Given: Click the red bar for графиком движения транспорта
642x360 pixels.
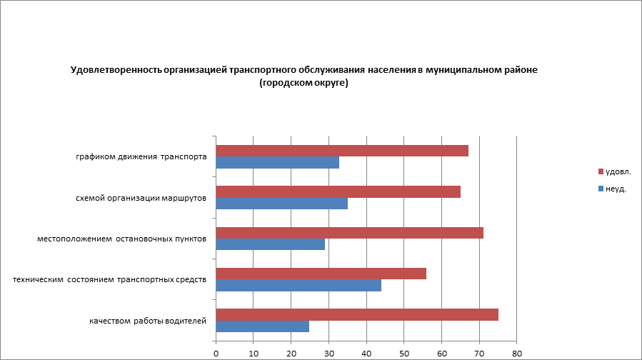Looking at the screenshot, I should point(342,151).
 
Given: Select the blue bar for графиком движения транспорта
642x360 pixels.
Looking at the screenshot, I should point(277,163).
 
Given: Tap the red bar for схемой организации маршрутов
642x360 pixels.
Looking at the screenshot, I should point(338,191).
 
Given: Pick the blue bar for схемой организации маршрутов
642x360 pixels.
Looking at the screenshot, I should point(281,204).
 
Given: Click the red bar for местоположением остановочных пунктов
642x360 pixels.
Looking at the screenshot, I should point(349,233).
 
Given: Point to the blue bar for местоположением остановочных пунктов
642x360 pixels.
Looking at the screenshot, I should point(270,244).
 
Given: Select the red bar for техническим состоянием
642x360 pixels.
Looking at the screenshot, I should point(321,274).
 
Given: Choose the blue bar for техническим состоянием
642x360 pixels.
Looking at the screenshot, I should point(299,286).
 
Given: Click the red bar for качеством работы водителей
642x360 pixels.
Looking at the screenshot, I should point(357,315).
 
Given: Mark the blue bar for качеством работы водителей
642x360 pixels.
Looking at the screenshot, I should point(262,326).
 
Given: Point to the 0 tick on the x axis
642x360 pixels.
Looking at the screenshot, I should point(216,352).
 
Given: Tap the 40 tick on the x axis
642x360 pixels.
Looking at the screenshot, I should point(366,352).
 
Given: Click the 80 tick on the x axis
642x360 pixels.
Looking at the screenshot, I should point(517,352).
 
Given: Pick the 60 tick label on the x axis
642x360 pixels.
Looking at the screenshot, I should point(442,352).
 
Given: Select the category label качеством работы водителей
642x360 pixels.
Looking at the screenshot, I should point(148,321).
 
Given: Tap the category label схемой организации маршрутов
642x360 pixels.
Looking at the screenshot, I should point(141,198).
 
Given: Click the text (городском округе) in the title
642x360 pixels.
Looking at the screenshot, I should point(304,83).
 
